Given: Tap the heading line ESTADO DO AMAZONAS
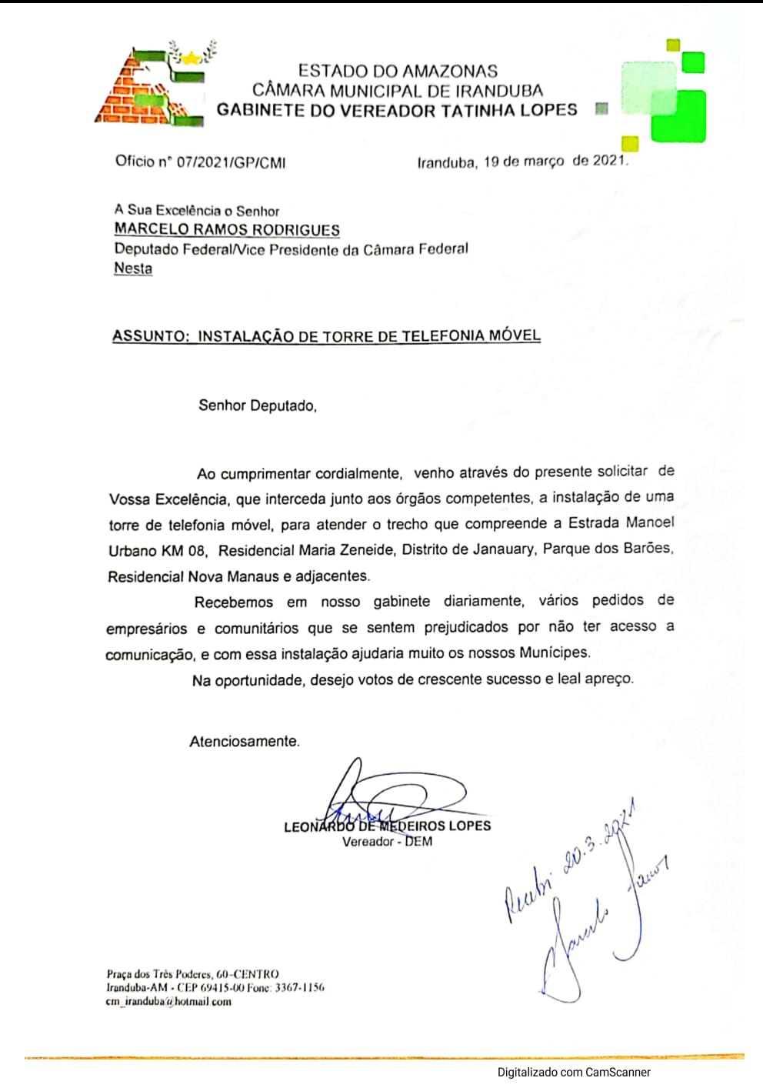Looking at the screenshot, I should (x=398, y=71).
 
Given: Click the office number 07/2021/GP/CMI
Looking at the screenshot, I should (x=231, y=162).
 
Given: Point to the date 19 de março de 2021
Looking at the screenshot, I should (x=555, y=162).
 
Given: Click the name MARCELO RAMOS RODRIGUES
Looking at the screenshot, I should (x=227, y=229).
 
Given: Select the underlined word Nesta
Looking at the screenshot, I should (x=133, y=269).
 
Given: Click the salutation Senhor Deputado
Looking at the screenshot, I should (x=257, y=405).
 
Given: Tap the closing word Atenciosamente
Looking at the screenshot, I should (x=244, y=742).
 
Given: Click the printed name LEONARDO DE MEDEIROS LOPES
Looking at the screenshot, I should (x=387, y=826).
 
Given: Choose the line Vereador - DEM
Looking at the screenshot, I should (x=387, y=842).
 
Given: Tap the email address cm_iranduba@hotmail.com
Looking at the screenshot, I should (x=168, y=1002).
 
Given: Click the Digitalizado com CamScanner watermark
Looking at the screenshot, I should (x=573, y=1072).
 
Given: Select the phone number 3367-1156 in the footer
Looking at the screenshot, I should (x=299, y=987).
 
